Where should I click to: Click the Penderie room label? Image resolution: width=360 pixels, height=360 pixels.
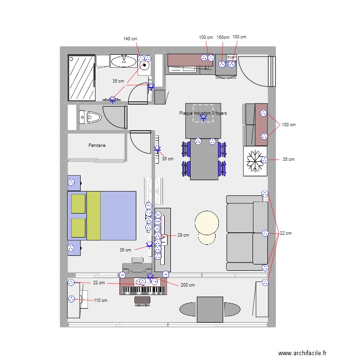point(96,145)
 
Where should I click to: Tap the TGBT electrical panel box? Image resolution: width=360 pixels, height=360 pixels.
point(231,57)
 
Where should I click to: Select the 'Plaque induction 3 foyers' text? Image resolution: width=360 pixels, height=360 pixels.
point(203,113)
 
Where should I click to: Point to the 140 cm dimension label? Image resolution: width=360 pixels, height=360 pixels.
point(130,38)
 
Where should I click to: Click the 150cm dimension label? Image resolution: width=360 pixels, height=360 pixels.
point(223,37)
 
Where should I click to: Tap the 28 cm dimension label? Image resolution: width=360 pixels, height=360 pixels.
point(183,235)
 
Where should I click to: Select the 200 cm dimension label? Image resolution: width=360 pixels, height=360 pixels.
point(188,285)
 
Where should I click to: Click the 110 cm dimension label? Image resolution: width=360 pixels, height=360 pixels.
point(100,300)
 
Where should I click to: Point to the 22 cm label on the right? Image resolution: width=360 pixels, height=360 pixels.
point(285,233)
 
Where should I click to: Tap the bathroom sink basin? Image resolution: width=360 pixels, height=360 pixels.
point(124,60)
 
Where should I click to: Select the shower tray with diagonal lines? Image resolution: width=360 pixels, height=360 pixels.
point(81,77)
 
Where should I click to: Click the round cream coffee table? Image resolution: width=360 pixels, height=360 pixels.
point(207,223)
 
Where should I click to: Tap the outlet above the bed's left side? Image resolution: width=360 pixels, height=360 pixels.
point(72,182)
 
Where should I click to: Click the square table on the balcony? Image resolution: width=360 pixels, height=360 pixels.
point(210,309)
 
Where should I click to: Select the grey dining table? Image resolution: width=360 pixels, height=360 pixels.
point(204,158)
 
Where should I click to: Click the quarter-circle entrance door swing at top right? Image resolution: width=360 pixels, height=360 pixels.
point(254,72)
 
